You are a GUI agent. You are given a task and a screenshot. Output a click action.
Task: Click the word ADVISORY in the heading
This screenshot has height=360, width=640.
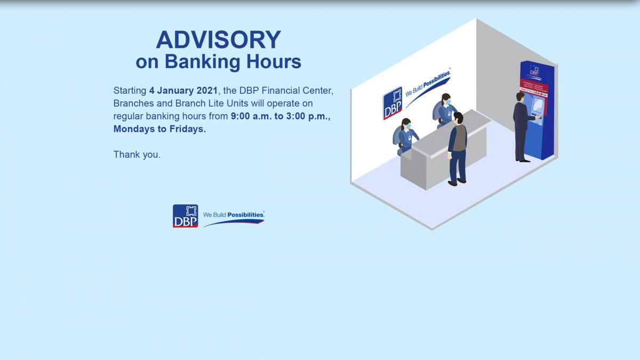218,40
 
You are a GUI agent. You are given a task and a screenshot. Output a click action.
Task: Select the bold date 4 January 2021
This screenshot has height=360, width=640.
183,91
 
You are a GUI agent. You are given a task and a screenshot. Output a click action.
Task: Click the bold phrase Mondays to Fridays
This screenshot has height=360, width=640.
159,129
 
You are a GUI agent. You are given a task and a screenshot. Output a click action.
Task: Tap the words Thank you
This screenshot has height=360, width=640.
137,155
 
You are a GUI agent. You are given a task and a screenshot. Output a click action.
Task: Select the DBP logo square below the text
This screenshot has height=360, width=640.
185,216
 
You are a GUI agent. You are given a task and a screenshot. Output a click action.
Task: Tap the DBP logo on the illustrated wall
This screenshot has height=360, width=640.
392,103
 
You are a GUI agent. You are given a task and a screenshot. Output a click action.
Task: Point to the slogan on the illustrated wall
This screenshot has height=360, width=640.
428,85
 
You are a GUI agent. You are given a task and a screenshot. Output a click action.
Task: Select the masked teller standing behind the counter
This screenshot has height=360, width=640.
445,110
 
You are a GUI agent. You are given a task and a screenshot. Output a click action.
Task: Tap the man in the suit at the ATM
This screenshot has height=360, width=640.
521,126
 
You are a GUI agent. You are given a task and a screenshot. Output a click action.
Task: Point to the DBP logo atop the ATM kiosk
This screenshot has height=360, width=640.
534,71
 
